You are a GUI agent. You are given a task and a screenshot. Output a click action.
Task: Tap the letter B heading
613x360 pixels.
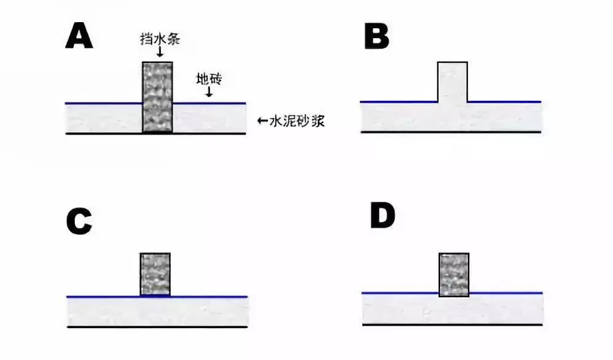tap(377, 36)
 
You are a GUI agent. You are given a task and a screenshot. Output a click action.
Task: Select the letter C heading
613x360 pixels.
tap(79, 222)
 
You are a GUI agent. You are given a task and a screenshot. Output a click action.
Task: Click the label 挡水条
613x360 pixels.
tap(160, 39)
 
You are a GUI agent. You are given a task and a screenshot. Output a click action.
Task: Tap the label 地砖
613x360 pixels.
tap(209, 79)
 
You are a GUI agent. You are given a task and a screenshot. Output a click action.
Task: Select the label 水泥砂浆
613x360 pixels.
tap(297, 121)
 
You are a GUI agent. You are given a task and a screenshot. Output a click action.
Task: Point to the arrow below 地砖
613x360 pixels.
tap(209, 92)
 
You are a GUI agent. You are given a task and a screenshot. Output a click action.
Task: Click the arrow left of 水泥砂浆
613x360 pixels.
tap(263, 121)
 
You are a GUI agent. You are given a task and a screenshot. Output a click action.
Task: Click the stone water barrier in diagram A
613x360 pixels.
tap(157, 97)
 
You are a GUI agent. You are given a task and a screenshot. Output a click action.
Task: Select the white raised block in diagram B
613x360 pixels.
tap(452, 82)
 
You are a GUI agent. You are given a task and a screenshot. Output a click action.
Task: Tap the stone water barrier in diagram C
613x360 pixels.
tap(155, 274)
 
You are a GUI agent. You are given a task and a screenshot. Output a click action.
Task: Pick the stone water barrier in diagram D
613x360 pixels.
tap(454, 275)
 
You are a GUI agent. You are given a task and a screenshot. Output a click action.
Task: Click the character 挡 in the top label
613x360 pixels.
tap(147, 39)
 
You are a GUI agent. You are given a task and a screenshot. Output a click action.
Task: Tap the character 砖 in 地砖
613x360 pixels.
tap(216, 79)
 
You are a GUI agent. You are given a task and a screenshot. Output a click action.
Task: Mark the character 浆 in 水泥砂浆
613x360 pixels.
tap(318, 121)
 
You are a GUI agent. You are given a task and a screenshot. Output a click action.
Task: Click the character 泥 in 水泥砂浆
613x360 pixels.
tap(290, 121)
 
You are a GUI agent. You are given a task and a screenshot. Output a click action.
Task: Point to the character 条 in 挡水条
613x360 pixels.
tap(174, 39)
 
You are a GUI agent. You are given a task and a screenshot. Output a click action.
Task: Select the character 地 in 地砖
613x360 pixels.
tap(203, 79)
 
